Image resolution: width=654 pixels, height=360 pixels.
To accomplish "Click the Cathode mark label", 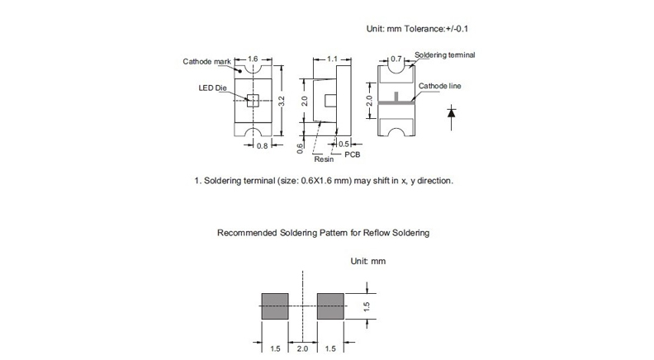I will [x=206, y=62].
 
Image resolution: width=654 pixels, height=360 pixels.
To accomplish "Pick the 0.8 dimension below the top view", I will [x=262, y=146].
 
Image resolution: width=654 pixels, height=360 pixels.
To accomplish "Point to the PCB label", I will [x=353, y=154].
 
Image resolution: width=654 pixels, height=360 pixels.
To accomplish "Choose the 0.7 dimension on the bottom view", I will [x=396, y=59].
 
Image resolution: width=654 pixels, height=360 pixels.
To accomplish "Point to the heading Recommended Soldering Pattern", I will [x=323, y=233].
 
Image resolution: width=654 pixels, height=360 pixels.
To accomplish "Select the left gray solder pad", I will [x=276, y=306].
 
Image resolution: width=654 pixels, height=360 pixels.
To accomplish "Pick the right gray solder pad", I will [x=331, y=306].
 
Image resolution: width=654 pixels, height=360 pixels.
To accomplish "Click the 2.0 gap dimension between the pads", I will [x=303, y=348].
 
